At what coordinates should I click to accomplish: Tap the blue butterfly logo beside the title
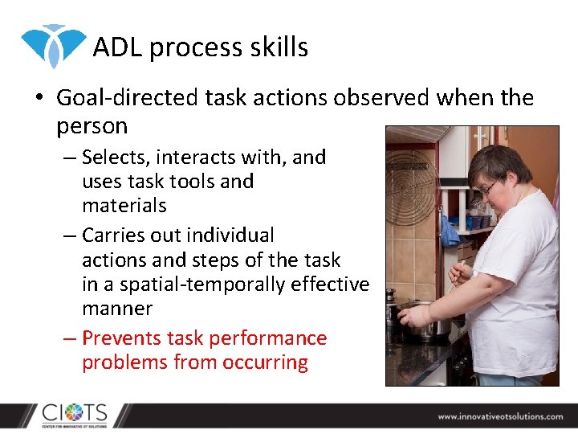pos(53,45)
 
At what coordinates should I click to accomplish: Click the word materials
pos(124,206)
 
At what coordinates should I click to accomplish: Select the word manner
pos(117,309)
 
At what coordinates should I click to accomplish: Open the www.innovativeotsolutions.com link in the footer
pos(500,416)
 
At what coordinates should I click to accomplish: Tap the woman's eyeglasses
pos(489,187)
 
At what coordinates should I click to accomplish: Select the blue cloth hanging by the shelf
pos(450,232)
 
